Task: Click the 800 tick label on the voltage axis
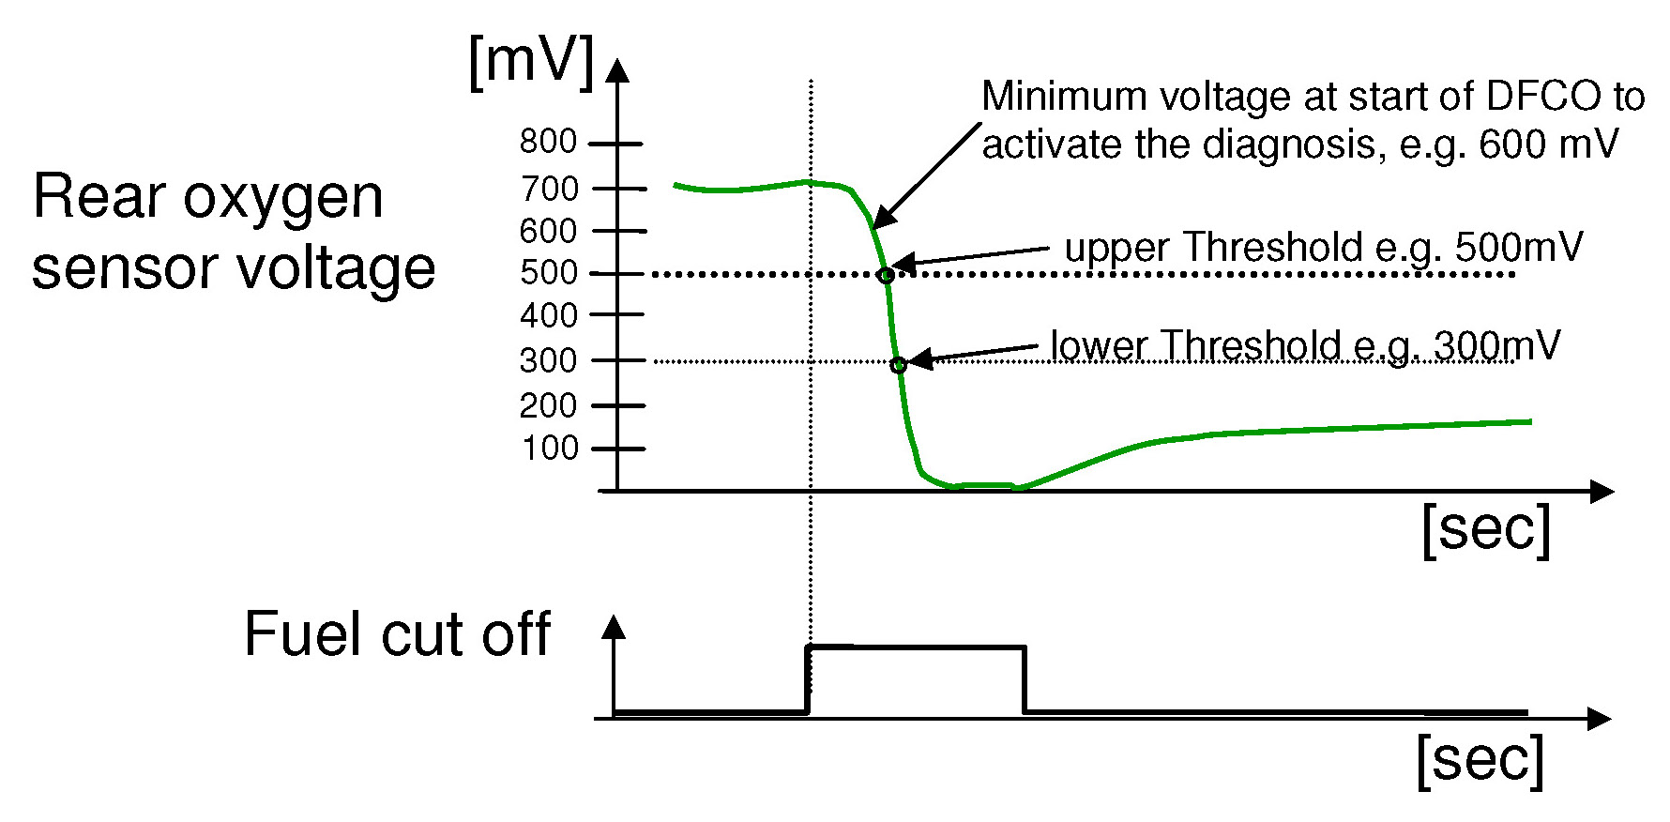click(x=548, y=142)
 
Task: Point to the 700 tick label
click(x=549, y=189)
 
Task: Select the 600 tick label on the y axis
click(x=548, y=231)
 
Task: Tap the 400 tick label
click(x=549, y=315)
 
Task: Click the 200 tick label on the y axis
click(x=549, y=406)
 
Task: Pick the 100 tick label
click(x=550, y=449)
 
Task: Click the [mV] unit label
click(x=531, y=62)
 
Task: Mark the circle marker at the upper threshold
click(x=886, y=276)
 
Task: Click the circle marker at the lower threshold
click(x=899, y=365)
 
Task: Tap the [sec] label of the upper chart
click(x=1486, y=530)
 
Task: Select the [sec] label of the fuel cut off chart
click(x=1480, y=760)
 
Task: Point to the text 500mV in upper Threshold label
click(x=1518, y=248)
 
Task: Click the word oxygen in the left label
click(x=282, y=199)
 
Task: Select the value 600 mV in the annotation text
click(x=1548, y=145)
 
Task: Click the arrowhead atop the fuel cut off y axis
click(x=614, y=627)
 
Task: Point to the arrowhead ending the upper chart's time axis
click(x=1602, y=491)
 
